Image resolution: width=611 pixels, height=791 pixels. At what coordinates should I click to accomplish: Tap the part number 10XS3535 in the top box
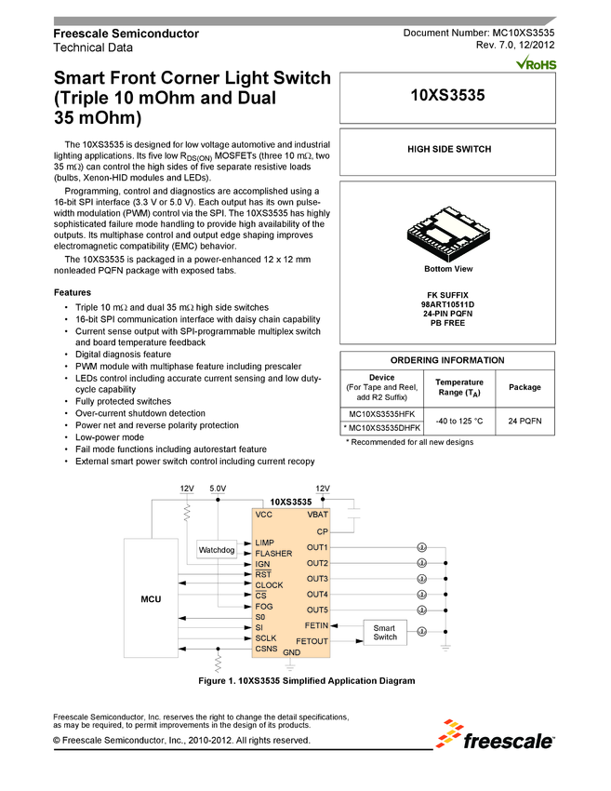point(448,96)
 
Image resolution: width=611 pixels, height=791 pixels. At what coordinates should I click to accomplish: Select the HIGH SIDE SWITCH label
point(448,149)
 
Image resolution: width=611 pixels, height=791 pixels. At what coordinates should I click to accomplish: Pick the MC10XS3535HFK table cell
point(382,412)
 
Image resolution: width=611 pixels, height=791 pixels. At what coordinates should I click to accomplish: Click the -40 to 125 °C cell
point(459,421)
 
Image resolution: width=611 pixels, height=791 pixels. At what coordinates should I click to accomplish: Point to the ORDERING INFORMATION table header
point(447,360)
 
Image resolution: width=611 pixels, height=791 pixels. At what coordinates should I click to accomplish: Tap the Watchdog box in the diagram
point(217,550)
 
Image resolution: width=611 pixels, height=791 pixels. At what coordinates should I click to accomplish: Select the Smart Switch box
point(385,632)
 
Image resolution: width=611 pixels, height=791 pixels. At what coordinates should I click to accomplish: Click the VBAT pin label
point(317,514)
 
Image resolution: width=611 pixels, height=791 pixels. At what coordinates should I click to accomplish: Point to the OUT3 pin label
point(317,579)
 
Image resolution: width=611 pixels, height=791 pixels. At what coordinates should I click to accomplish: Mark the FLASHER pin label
point(273,554)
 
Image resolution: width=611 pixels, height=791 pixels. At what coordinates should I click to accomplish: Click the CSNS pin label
point(268,649)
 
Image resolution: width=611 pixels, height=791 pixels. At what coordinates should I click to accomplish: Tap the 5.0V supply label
point(218,489)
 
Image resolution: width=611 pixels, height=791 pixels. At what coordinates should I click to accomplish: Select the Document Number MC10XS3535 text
point(478,33)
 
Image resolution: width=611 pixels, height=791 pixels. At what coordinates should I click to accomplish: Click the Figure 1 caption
point(307,681)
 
